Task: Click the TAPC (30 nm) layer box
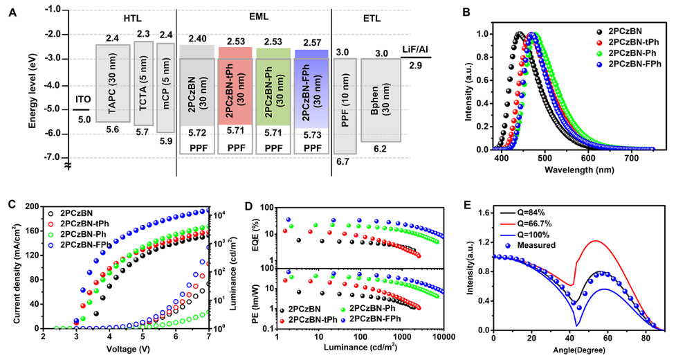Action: click(113, 83)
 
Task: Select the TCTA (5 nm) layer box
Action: click(143, 83)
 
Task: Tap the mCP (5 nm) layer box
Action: click(165, 87)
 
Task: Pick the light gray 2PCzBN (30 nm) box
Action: click(197, 86)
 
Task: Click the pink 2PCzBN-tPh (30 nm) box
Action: click(235, 86)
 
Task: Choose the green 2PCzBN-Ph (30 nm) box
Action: click(273, 87)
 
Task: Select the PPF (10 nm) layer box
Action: click(345, 105)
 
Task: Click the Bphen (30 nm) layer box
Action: click(380, 100)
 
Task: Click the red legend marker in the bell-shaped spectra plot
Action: click(599, 42)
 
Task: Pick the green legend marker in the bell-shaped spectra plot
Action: click(599, 53)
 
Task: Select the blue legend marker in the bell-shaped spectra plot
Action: click(599, 64)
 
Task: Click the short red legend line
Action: click(508, 224)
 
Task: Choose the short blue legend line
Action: click(508, 235)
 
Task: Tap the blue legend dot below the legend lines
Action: click(508, 246)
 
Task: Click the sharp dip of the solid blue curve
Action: click(577, 325)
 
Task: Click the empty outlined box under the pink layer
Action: click(235, 144)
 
